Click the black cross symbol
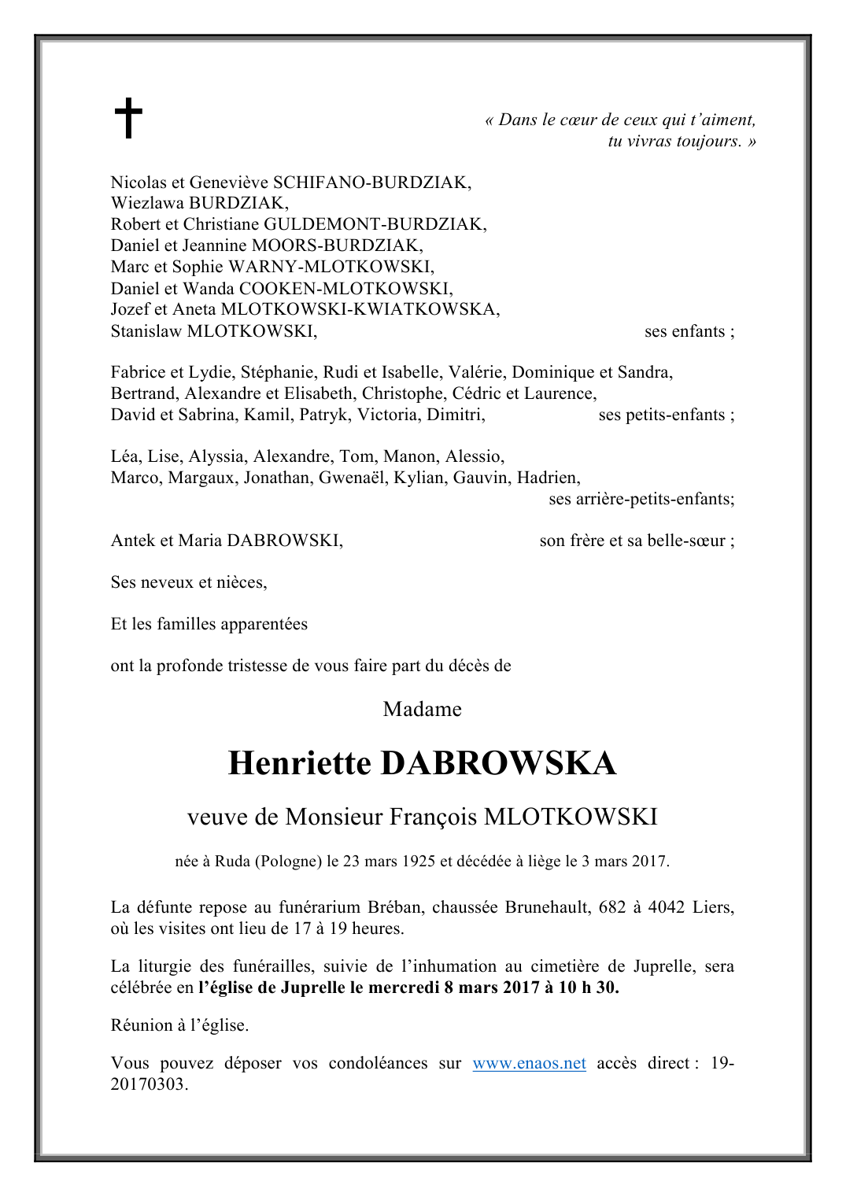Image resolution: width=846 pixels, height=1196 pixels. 128,118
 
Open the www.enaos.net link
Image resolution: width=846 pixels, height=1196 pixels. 529,1063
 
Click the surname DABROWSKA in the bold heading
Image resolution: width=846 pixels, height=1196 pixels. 498,763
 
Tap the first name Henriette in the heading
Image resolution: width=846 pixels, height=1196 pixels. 299,763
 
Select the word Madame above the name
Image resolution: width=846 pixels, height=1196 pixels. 422,709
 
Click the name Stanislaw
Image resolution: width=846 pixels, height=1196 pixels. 146,331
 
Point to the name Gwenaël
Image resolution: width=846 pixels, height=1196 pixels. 352,478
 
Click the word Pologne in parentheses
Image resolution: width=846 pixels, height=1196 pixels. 288,861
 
